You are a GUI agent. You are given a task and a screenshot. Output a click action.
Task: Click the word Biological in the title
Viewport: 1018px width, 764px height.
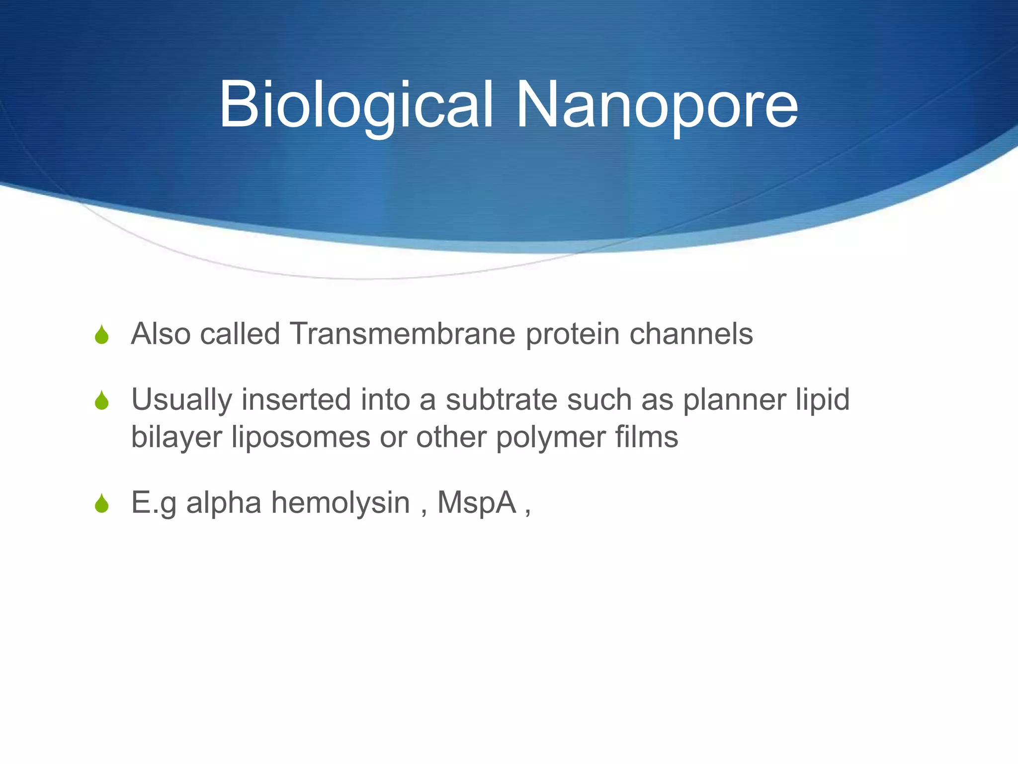[x=356, y=105]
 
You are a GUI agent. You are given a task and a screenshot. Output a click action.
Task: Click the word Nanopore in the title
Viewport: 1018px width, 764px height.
[x=657, y=105]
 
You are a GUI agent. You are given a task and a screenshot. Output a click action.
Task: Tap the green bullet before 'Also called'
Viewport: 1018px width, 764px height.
[x=102, y=335]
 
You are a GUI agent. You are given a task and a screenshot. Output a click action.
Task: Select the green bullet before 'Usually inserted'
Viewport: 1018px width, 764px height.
[x=102, y=400]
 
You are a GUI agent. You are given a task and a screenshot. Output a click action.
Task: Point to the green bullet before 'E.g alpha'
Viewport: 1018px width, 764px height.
[x=102, y=503]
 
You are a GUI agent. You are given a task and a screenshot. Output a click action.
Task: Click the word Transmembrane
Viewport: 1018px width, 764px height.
[x=403, y=333]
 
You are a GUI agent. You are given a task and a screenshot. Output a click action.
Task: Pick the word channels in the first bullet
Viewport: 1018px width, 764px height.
[x=691, y=333]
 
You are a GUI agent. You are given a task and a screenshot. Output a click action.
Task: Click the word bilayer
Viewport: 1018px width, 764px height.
[x=176, y=438]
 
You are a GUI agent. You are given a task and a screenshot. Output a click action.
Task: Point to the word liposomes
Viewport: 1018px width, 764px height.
[x=301, y=438]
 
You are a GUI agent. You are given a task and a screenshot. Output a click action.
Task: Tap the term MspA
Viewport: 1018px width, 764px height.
[x=477, y=503]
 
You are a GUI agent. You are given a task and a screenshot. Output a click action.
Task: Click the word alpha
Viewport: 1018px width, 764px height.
[x=224, y=503]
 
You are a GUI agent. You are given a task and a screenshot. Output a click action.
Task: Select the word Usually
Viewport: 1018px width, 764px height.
[x=181, y=400]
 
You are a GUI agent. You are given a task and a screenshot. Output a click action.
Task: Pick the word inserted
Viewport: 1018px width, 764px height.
[x=296, y=399]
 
